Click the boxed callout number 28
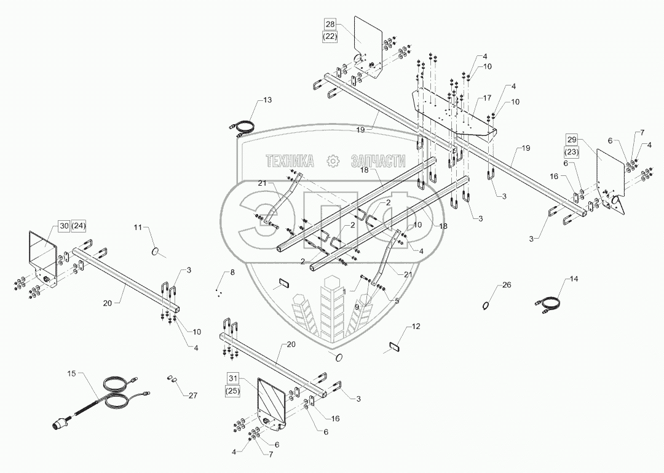point(330,24)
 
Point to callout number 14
point(573,279)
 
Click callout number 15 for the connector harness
point(71,373)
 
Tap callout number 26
point(507,285)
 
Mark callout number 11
point(138,228)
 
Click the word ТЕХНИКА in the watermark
point(290,161)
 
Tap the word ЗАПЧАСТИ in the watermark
point(377,161)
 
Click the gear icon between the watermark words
point(333,161)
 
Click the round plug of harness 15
point(59,425)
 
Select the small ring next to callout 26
point(486,305)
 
